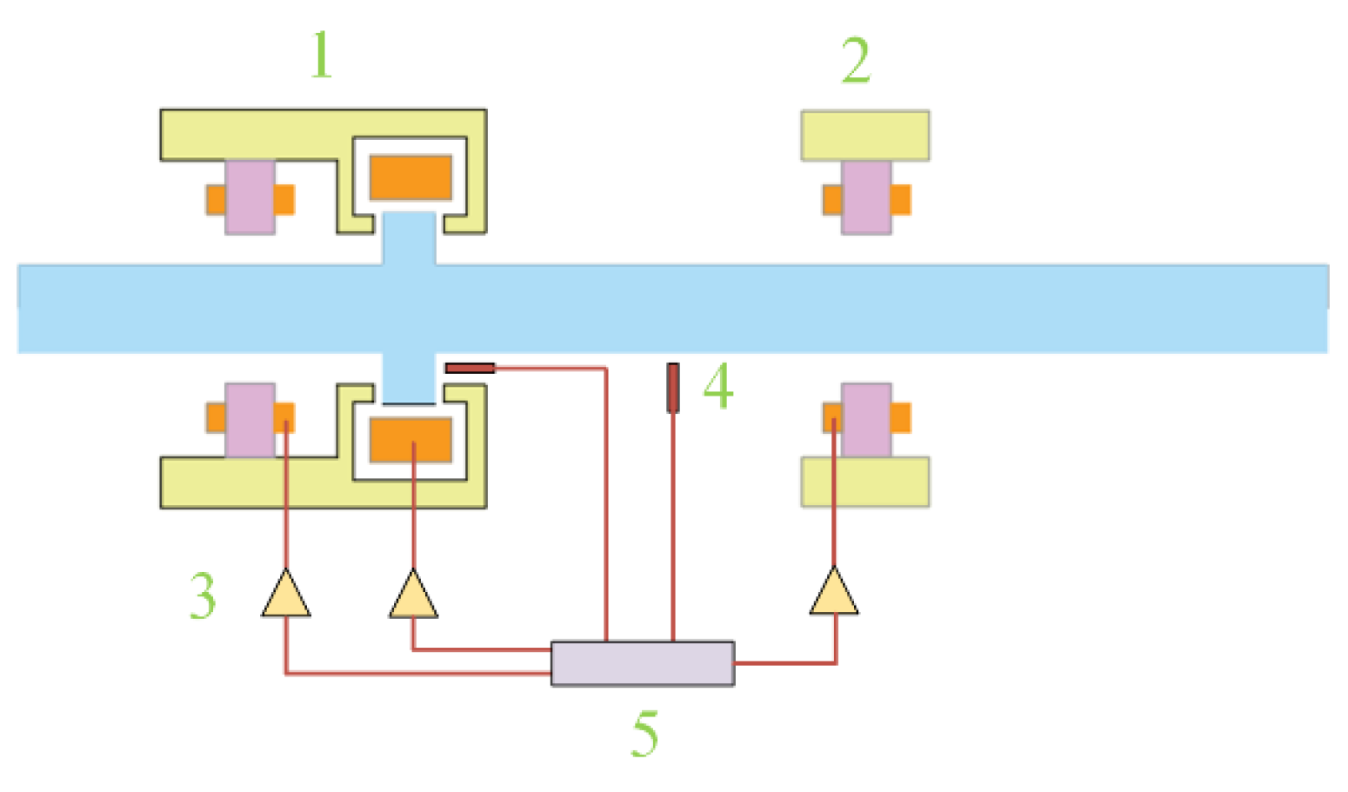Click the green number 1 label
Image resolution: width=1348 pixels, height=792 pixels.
coord(322,55)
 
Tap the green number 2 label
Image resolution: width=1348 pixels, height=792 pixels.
coord(856,60)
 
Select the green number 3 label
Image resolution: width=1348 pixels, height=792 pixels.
coord(203,596)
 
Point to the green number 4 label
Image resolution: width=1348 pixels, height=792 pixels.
coord(718,387)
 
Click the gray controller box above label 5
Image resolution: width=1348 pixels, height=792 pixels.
coord(643,664)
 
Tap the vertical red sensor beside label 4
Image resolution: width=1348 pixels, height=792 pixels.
coord(673,388)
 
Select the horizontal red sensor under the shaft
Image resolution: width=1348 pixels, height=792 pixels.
coord(470,369)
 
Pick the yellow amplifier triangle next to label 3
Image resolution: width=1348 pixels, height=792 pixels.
coord(286,595)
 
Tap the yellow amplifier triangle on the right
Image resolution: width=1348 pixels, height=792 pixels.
coord(834,594)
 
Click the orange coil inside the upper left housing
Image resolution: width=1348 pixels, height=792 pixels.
coord(410,177)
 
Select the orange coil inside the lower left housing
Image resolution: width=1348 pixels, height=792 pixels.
coord(410,440)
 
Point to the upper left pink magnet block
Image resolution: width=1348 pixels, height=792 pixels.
coord(250,196)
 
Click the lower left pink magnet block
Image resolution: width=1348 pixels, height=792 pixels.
coord(250,420)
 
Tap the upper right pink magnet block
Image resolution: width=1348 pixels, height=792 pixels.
coord(866,197)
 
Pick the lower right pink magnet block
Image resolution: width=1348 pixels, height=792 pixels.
coord(866,420)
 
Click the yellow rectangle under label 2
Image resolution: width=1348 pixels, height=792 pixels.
coord(864,136)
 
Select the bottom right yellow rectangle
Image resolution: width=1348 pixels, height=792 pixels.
coord(864,482)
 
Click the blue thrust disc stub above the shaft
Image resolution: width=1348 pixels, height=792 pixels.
coord(409,238)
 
